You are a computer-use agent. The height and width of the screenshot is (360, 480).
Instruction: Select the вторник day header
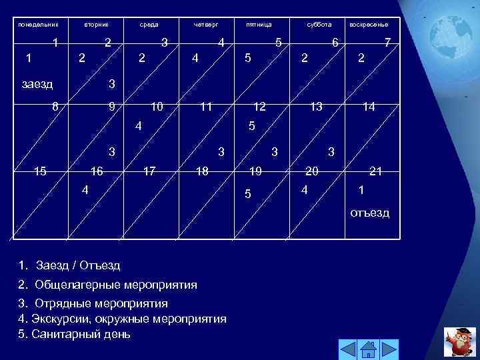tap(96, 25)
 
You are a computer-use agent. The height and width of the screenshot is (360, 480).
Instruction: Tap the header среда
tap(149, 25)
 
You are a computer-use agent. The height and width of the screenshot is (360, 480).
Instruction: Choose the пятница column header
tap(258, 25)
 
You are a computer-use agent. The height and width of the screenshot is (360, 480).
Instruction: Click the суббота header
tap(318, 25)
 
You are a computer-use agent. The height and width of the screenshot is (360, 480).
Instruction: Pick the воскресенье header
tap(369, 25)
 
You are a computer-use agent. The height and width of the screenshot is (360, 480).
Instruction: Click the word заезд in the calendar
tap(37, 85)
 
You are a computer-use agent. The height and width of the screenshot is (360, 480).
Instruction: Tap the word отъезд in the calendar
tap(370, 213)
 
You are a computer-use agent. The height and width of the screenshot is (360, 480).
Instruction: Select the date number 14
tap(369, 107)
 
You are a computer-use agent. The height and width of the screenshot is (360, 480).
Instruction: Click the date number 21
tap(375, 171)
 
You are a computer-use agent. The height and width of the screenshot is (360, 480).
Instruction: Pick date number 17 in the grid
tap(149, 171)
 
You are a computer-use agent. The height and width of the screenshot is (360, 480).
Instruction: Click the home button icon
tap(369, 349)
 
